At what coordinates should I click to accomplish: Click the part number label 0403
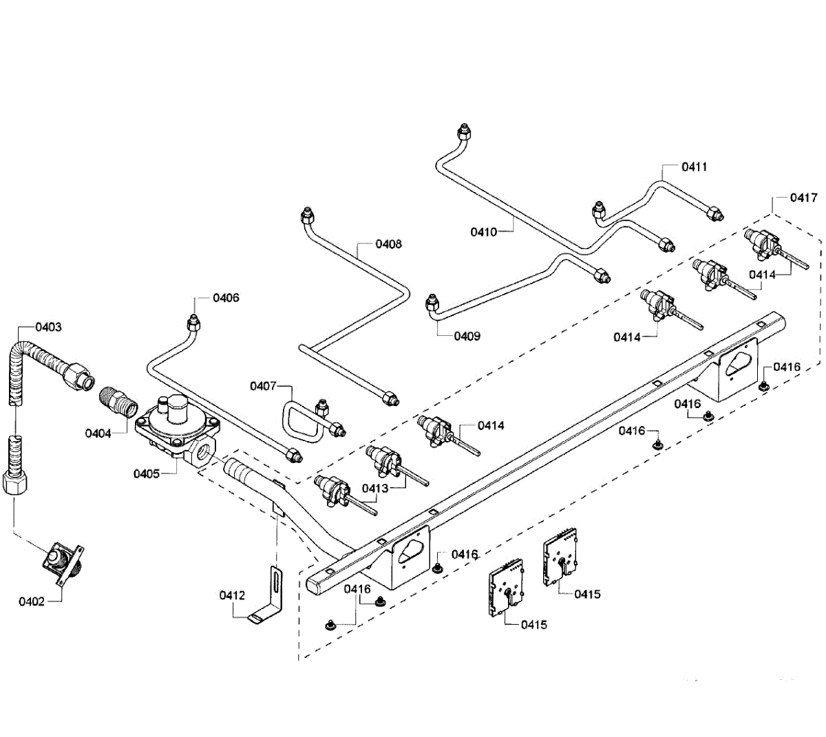click(x=48, y=327)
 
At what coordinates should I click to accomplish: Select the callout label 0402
click(x=32, y=601)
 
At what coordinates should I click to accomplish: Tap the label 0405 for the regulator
click(x=147, y=473)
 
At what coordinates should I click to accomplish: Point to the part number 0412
click(x=232, y=595)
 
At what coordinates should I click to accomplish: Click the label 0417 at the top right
click(x=804, y=197)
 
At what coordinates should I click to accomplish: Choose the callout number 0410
click(x=483, y=232)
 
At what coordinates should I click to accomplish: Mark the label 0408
click(x=388, y=244)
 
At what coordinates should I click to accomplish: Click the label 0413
click(x=375, y=488)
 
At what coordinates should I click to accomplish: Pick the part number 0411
click(x=694, y=167)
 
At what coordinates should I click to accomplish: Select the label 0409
click(x=467, y=336)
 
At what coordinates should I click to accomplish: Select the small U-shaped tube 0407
click(x=303, y=423)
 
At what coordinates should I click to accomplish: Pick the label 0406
click(x=226, y=298)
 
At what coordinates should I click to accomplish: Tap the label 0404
click(x=98, y=434)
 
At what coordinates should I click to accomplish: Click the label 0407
click(x=263, y=386)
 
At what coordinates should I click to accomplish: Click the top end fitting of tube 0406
click(x=193, y=321)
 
